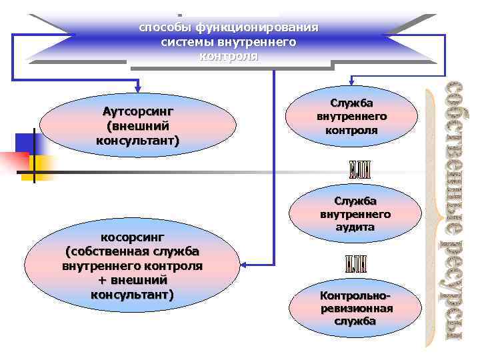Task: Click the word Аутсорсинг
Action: (138, 111)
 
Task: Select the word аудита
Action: (355, 227)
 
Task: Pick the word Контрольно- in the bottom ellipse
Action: (355, 295)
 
